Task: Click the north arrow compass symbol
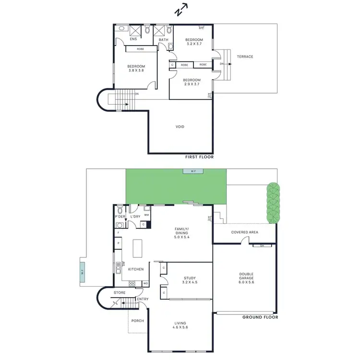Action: [181, 10]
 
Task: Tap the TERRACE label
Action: [245, 57]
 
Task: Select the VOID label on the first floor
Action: [180, 127]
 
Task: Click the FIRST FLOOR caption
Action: [199, 157]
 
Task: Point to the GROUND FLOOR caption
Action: [260, 317]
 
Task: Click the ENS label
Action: [133, 39]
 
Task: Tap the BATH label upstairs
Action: [163, 39]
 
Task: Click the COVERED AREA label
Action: [245, 232]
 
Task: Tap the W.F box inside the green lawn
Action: [193, 171]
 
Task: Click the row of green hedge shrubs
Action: [272, 203]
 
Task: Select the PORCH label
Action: [138, 321]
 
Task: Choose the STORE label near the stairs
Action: [120, 292]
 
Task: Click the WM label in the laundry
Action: [147, 215]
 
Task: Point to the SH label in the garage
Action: [262, 245]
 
